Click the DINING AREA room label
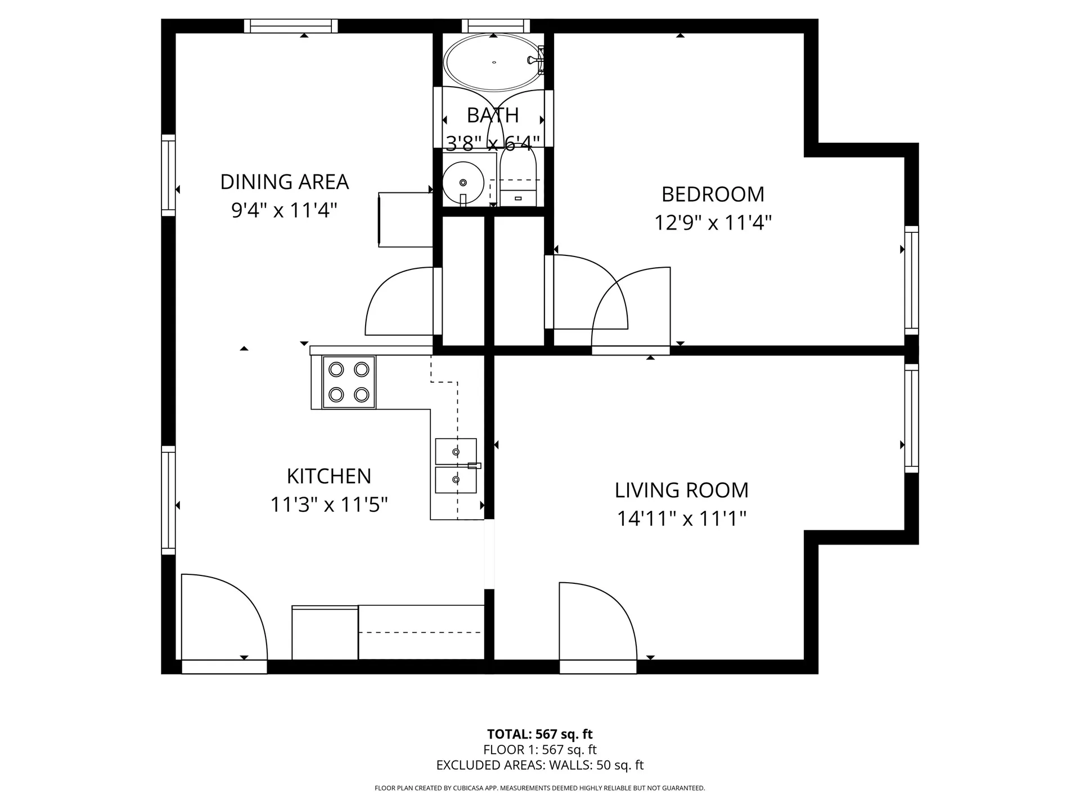[x=284, y=182]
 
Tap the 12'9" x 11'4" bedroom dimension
[x=712, y=223]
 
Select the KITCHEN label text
[x=328, y=476]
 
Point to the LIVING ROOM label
[x=681, y=490]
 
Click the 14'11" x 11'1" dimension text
[x=681, y=519]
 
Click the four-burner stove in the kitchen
[x=349, y=382]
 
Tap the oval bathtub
[x=493, y=62]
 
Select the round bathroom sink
[x=463, y=182]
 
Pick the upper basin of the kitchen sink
[x=456, y=452]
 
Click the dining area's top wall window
[x=291, y=26]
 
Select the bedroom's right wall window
[x=911, y=280]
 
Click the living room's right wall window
[x=911, y=418]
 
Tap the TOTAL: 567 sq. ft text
[x=539, y=734]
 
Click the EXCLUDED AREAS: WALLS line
[x=539, y=765]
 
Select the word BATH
[x=493, y=115]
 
